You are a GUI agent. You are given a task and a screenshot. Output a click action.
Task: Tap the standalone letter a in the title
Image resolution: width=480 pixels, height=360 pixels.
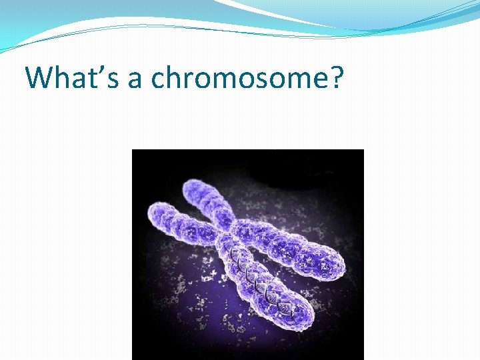click(135, 81)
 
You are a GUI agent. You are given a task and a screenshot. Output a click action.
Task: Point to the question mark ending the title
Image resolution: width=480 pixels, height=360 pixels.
click(337, 77)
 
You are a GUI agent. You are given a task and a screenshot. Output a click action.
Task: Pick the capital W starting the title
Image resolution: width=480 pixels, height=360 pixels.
click(39, 77)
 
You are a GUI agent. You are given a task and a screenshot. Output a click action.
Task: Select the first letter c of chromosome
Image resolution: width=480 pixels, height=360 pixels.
click(158, 81)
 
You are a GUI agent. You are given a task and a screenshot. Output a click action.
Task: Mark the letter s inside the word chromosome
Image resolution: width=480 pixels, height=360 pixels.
click(252, 81)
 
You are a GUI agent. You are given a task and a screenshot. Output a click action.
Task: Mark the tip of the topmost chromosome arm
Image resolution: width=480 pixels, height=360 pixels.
click(193, 186)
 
